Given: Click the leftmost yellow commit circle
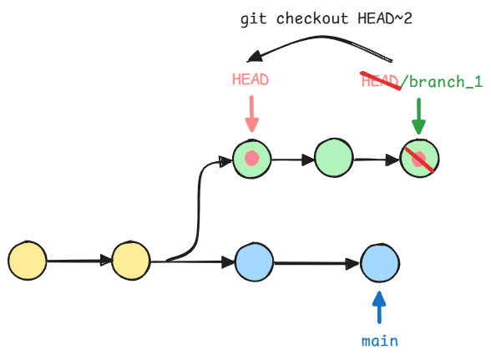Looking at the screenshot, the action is click(28, 261).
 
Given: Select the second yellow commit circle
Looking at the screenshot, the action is click(131, 261).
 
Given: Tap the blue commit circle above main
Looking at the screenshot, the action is click(380, 262).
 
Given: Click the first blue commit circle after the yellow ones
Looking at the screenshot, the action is click(254, 261).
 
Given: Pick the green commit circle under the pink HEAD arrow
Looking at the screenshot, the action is click(252, 159).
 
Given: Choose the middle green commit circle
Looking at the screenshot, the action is click(334, 158).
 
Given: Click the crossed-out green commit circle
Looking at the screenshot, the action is click(419, 159).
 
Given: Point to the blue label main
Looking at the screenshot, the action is click(380, 341).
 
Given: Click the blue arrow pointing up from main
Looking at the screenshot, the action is click(379, 307).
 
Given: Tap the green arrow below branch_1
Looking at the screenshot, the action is click(418, 116).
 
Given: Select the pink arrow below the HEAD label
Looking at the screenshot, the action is click(252, 114).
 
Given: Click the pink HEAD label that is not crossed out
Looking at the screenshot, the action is click(251, 79).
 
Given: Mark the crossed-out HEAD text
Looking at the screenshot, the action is click(380, 81).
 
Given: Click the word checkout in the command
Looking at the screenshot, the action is click(312, 19).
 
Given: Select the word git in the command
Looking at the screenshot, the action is click(253, 19).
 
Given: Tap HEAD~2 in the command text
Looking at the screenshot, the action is click(385, 18).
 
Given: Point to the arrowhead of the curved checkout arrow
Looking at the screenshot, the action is click(254, 56).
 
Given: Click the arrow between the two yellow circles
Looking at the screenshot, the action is click(79, 261).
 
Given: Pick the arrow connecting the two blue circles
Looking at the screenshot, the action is click(317, 263).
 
